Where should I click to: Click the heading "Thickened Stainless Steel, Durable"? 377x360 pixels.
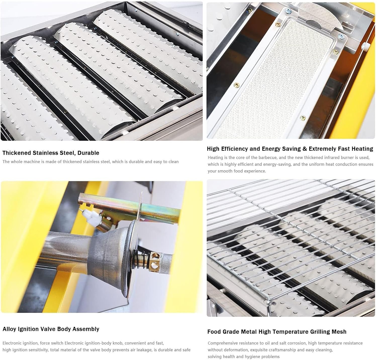pyautogui.click(x=51, y=153)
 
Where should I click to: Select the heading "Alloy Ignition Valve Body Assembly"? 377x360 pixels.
pyautogui.click(x=51, y=329)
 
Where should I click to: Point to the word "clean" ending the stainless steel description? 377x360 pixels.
pyautogui.click(x=173, y=162)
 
